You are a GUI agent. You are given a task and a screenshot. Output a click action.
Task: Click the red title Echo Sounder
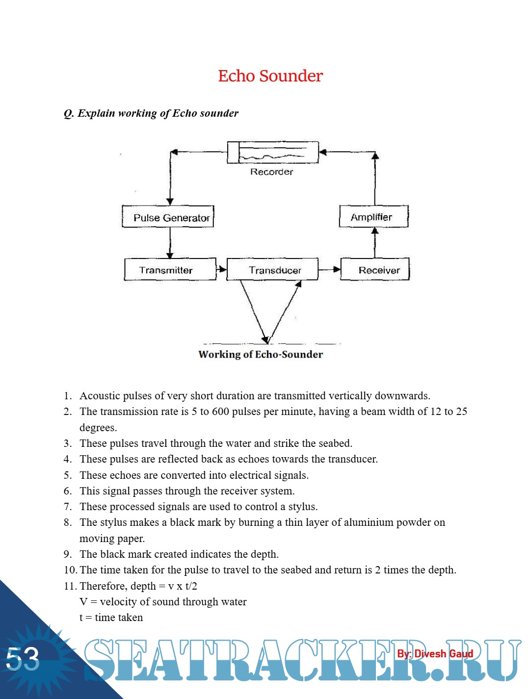point(270,76)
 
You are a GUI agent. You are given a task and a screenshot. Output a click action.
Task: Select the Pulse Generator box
point(168,217)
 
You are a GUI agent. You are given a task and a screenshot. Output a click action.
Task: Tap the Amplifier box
point(373,217)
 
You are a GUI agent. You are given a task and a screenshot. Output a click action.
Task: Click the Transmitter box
point(170,270)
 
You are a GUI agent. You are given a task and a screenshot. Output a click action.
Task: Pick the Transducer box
point(272,270)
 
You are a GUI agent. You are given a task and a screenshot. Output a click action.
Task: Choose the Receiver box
point(375,270)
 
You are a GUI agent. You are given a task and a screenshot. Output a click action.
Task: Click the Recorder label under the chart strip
point(271,172)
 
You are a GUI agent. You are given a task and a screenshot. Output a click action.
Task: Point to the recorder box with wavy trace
point(273,153)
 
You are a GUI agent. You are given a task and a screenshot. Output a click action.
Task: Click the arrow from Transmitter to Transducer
point(221,269)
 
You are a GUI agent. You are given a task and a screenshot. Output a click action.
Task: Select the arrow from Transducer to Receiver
point(330,269)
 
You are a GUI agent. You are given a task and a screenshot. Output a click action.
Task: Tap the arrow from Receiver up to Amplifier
point(375,242)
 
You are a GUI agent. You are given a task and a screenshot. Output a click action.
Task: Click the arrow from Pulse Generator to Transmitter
point(170,243)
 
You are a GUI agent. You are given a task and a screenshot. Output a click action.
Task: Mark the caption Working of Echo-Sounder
point(261,354)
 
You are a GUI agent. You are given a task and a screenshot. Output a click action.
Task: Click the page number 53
point(23,658)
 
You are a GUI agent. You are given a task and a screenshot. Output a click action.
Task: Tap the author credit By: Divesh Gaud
point(435,653)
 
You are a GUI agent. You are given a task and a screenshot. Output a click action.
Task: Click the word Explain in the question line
point(96,113)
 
